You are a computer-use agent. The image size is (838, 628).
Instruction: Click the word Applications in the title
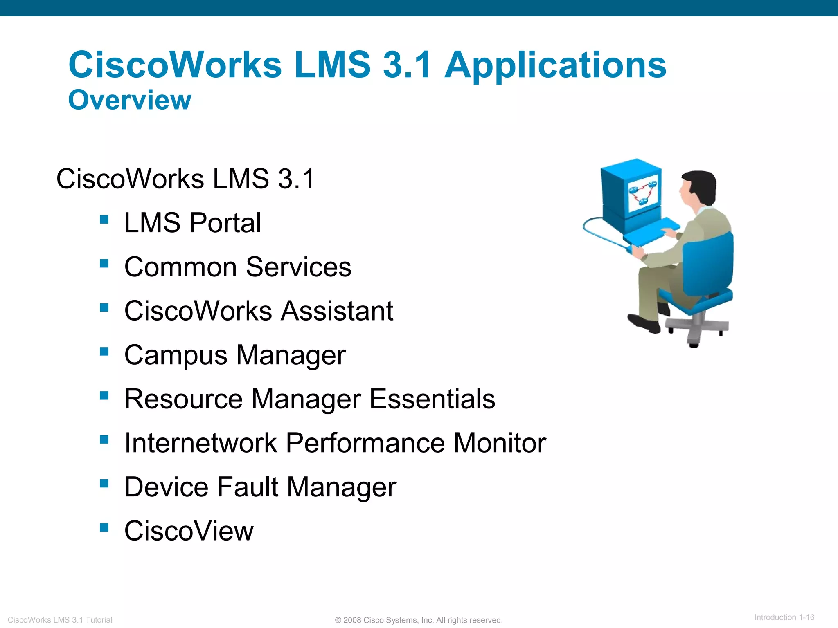(x=555, y=65)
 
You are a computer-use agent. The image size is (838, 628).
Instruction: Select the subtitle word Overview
(x=129, y=100)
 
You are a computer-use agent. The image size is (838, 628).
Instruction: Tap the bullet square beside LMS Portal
(x=104, y=220)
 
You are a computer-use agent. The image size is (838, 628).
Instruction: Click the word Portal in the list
(x=225, y=223)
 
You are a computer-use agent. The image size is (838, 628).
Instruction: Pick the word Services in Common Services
(x=298, y=267)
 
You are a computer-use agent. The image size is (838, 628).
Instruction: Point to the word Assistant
(x=337, y=311)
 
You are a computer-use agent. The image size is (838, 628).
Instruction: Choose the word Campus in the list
(x=176, y=355)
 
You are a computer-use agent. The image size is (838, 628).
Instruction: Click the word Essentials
(x=432, y=399)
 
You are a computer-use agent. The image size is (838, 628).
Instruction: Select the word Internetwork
(x=201, y=443)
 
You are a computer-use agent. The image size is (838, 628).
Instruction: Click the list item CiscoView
(x=189, y=531)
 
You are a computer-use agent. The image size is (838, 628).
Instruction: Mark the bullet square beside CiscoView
(x=104, y=527)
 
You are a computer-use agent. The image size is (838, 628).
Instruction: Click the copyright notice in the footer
(x=419, y=620)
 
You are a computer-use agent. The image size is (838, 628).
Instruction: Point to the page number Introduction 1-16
(x=784, y=617)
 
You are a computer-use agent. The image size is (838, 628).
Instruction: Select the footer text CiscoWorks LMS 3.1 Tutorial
(x=60, y=620)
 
